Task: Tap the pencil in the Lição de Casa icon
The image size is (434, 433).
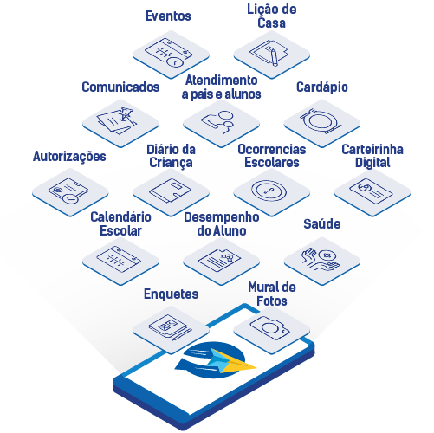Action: pos(274,57)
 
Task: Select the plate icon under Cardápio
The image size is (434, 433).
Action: pos(321,121)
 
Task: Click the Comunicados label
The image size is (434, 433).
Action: pos(120,87)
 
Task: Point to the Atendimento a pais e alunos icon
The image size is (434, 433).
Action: pos(217,122)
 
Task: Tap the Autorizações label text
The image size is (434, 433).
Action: pos(69,157)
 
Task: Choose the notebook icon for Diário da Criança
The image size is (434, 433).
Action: pos(171,191)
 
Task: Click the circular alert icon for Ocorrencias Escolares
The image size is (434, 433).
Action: pos(269,191)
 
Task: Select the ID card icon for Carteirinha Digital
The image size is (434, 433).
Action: pos(371,191)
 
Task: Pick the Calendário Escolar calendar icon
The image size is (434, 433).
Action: pos(119,259)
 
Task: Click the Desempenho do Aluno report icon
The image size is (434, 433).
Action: pos(219,260)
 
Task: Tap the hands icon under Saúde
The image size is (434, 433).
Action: pos(321,259)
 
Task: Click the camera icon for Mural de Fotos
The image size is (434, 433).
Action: pos(270,327)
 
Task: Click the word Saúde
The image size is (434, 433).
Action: pos(322,224)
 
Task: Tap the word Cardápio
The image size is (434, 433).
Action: pos(322,87)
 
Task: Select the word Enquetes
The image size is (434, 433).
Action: pos(172,294)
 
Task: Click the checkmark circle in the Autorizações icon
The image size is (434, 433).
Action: pos(70,198)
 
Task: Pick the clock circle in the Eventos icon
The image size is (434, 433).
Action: pos(175,61)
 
